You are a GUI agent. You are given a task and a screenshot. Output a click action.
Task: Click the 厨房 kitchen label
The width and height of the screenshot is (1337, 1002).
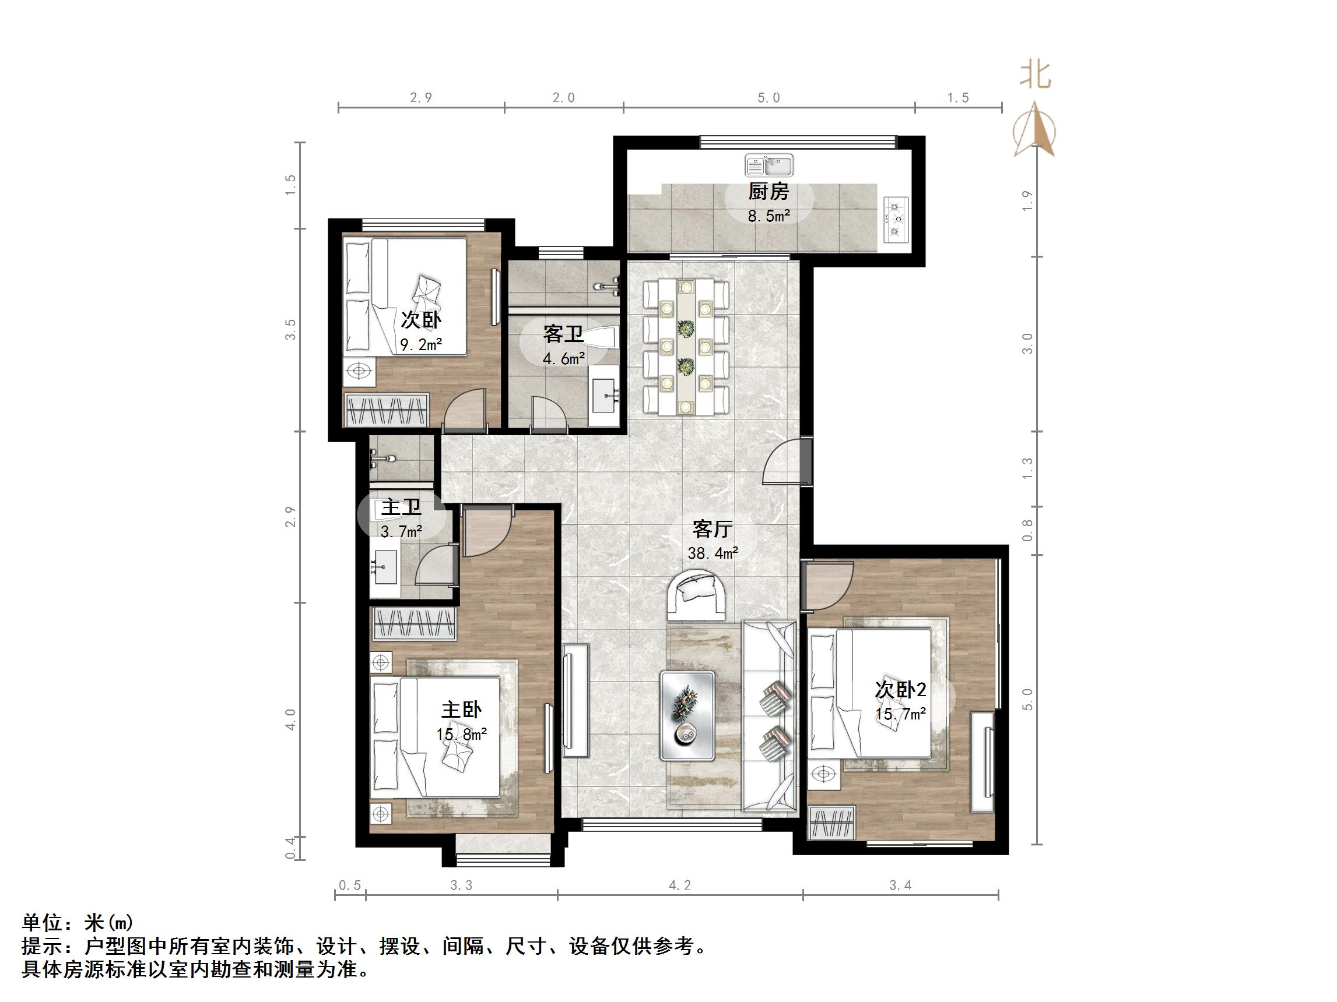(x=768, y=192)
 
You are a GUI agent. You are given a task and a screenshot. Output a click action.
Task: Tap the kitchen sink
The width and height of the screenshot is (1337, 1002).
(x=769, y=165)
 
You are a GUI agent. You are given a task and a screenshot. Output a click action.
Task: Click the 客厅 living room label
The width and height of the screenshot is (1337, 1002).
(x=713, y=529)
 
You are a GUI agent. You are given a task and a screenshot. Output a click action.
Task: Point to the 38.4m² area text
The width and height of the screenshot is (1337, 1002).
(x=713, y=553)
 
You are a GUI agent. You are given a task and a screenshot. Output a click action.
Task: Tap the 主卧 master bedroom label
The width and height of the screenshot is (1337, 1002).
(x=461, y=709)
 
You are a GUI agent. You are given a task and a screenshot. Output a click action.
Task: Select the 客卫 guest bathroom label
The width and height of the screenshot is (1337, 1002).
(x=563, y=333)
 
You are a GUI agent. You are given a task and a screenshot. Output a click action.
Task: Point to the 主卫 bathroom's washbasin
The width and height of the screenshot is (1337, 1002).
(x=384, y=569)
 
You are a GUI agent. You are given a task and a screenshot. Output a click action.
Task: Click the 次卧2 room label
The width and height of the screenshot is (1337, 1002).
(x=901, y=690)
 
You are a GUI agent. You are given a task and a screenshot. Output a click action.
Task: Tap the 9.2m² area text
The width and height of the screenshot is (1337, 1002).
(x=422, y=345)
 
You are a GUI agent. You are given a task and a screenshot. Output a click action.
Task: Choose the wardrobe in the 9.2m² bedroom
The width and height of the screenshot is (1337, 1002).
(x=386, y=410)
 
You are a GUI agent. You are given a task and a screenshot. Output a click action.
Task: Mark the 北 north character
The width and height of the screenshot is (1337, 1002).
(x=1036, y=76)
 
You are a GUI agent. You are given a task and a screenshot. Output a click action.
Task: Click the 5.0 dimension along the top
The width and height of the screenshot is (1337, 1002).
(x=768, y=98)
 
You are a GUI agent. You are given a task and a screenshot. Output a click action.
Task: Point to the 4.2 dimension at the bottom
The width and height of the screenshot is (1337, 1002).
(x=679, y=885)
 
